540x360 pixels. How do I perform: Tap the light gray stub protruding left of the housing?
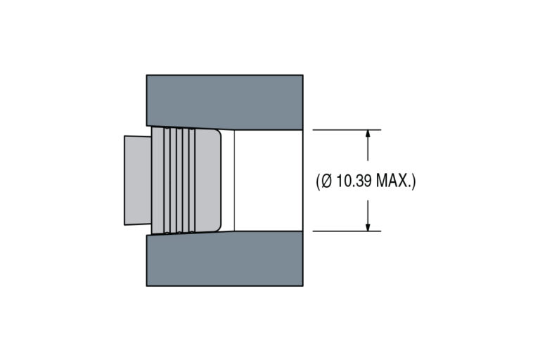(x=138, y=180)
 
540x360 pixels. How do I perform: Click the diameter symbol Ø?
(x=326, y=181)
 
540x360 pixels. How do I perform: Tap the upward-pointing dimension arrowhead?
(x=368, y=134)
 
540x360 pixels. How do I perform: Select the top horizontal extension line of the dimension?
(x=347, y=130)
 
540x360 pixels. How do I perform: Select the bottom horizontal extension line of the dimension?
(x=347, y=231)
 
